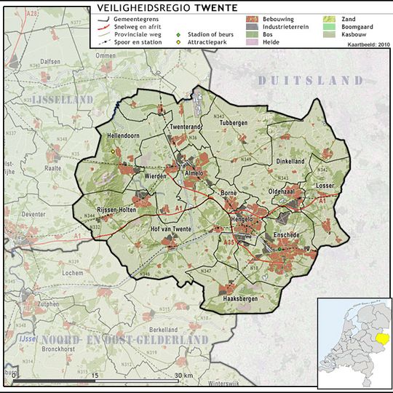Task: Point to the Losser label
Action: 325,186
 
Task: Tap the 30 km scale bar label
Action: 183,375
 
